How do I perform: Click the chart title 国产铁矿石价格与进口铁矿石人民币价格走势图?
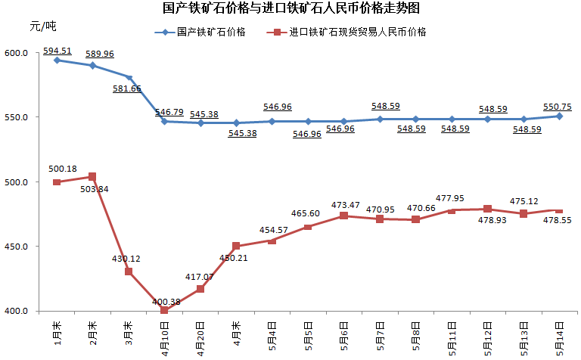point(291,8)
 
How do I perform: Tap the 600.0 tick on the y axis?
point(17,54)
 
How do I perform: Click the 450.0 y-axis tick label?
point(17,247)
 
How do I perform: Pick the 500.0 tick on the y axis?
point(17,182)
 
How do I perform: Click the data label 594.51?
point(57,51)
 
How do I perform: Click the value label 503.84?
point(95,188)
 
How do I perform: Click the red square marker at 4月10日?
point(164,310)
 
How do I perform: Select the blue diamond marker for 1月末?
point(57,60)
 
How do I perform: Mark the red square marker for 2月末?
point(92,177)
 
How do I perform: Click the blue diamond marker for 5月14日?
point(559,116)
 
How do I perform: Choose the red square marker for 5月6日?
point(343,216)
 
